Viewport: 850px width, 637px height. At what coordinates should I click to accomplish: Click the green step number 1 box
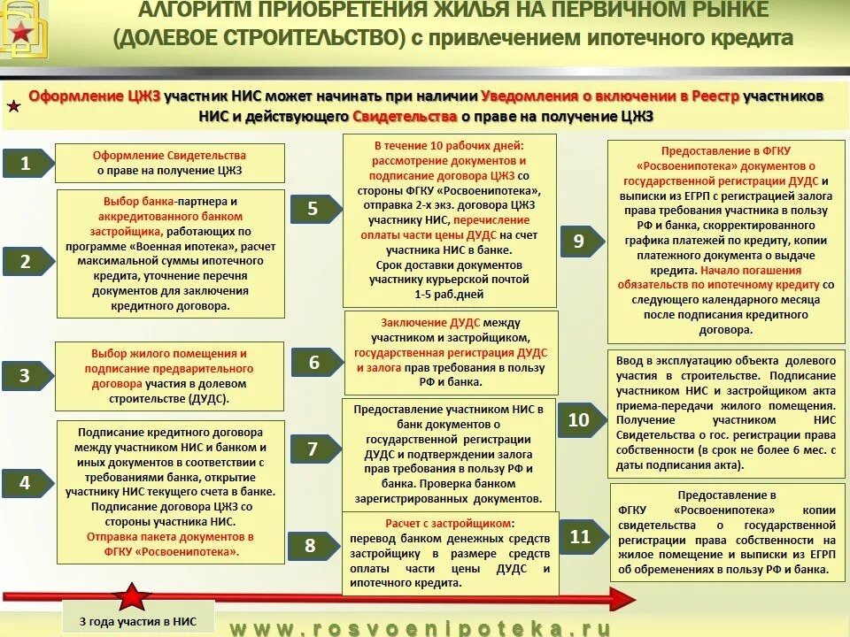[26, 163]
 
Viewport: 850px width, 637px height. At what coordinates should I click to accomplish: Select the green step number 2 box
[26, 261]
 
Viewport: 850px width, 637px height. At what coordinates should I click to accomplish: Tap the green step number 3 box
[26, 375]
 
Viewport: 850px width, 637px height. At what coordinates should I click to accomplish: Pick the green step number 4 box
[26, 482]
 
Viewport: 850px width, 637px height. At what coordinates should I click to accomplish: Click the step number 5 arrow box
[312, 210]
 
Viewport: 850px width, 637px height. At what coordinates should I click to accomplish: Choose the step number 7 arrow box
[312, 449]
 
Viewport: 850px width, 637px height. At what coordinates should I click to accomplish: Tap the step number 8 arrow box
[309, 545]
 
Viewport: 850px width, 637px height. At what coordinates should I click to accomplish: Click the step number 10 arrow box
[578, 420]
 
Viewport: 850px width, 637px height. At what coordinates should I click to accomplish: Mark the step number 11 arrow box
[579, 537]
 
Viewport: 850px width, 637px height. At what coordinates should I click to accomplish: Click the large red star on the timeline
[135, 599]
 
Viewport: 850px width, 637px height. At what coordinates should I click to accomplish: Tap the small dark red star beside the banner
[14, 107]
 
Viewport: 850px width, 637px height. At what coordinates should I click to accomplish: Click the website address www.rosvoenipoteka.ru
[421, 627]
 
